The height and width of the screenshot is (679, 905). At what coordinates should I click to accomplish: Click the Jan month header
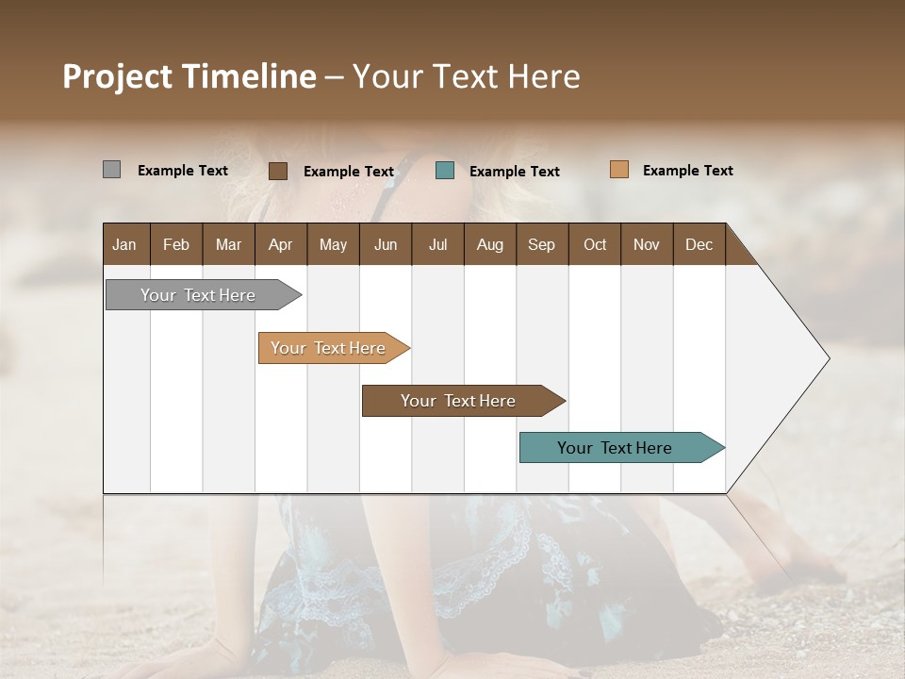pos(124,244)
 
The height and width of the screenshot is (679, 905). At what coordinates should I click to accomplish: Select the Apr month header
pos(280,244)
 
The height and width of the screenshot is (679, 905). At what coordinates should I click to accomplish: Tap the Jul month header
pos(437,244)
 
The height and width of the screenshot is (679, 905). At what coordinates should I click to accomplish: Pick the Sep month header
pos(541,244)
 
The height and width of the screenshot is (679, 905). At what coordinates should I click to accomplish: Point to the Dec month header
pos(699,244)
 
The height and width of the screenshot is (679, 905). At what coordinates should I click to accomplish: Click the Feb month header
pos(176,244)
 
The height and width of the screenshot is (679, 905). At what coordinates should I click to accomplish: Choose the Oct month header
pos(595,244)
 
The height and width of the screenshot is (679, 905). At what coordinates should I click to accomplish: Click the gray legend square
pos(111,170)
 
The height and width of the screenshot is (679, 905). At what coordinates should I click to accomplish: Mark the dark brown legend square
pos(278,171)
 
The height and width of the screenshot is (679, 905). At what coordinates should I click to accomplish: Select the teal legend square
pos(445,171)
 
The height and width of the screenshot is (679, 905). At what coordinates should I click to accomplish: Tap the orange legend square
pos(619,170)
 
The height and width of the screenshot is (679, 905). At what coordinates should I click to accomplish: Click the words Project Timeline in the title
pos(189,76)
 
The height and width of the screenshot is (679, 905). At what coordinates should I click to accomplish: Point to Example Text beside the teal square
pos(514,172)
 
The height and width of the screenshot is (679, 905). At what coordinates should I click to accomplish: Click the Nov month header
pos(646,244)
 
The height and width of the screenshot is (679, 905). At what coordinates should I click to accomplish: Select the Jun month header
pos(385,244)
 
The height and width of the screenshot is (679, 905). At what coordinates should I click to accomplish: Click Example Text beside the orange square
pos(687,171)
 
